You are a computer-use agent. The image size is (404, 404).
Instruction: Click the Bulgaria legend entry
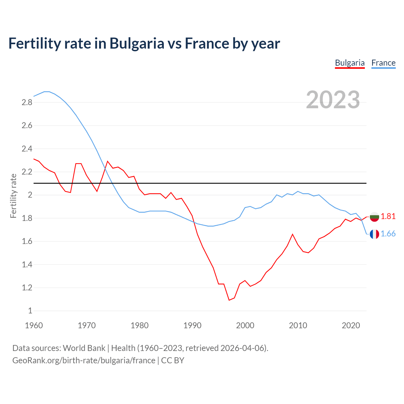[x=350, y=63]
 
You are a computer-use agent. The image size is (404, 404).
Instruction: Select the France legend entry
[x=383, y=63]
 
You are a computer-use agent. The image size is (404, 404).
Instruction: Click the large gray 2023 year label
[x=333, y=100]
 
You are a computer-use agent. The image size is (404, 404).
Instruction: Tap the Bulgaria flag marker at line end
[x=374, y=217]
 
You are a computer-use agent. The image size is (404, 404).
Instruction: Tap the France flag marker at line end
[x=374, y=234]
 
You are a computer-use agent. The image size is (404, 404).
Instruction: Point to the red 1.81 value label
[x=388, y=216]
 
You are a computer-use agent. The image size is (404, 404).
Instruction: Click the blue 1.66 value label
[x=388, y=234]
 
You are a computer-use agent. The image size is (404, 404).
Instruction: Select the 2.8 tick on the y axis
[x=27, y=102]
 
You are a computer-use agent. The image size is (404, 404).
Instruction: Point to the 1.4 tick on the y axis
[x=27, y=264]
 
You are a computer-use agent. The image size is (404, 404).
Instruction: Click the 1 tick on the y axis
[x=30, y=311]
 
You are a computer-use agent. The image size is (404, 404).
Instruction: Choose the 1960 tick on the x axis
[x=34, y=325]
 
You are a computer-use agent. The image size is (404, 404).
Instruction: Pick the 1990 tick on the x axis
[x=192, y=325]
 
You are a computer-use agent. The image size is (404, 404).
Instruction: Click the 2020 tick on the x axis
[x=351, y=325]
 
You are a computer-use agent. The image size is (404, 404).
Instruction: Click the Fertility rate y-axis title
[x=13, y=196]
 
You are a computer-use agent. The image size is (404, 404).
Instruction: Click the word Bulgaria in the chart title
[x=137, y=43]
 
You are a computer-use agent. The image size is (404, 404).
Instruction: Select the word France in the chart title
[x=206, y=43]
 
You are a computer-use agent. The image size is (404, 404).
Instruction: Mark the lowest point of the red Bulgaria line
[x=229, y=300]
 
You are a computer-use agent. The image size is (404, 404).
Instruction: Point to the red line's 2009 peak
[x=293, y=234]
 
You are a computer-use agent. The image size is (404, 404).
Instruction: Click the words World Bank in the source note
[x=84, y=348]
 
